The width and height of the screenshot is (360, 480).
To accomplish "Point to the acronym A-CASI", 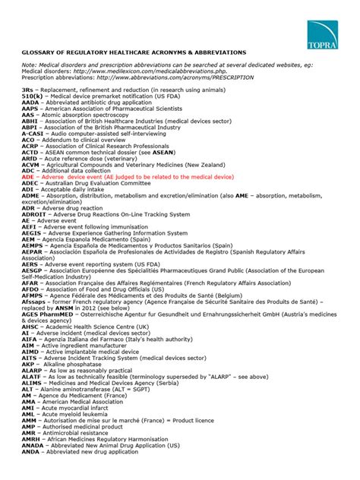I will click(33, 134).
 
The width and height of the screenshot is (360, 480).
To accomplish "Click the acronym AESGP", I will click(32, 270).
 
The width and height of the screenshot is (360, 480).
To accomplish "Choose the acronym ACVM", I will click(30, 164).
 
